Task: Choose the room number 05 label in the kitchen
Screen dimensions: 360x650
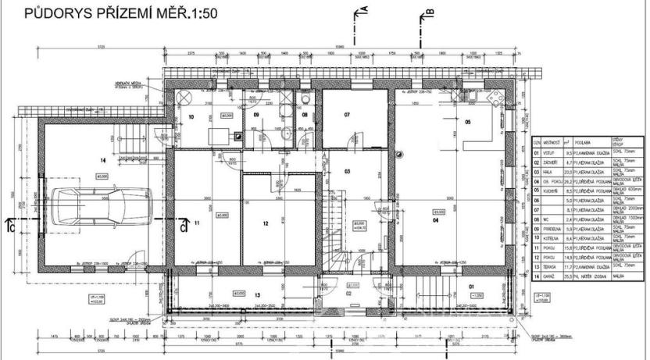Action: pyautogui.click(x=468, y=123)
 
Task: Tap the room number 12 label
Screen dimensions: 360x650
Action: pyautogui.click(x=266, y=223)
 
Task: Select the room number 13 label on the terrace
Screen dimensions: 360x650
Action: pyautogui.click(x=257, y=294)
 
